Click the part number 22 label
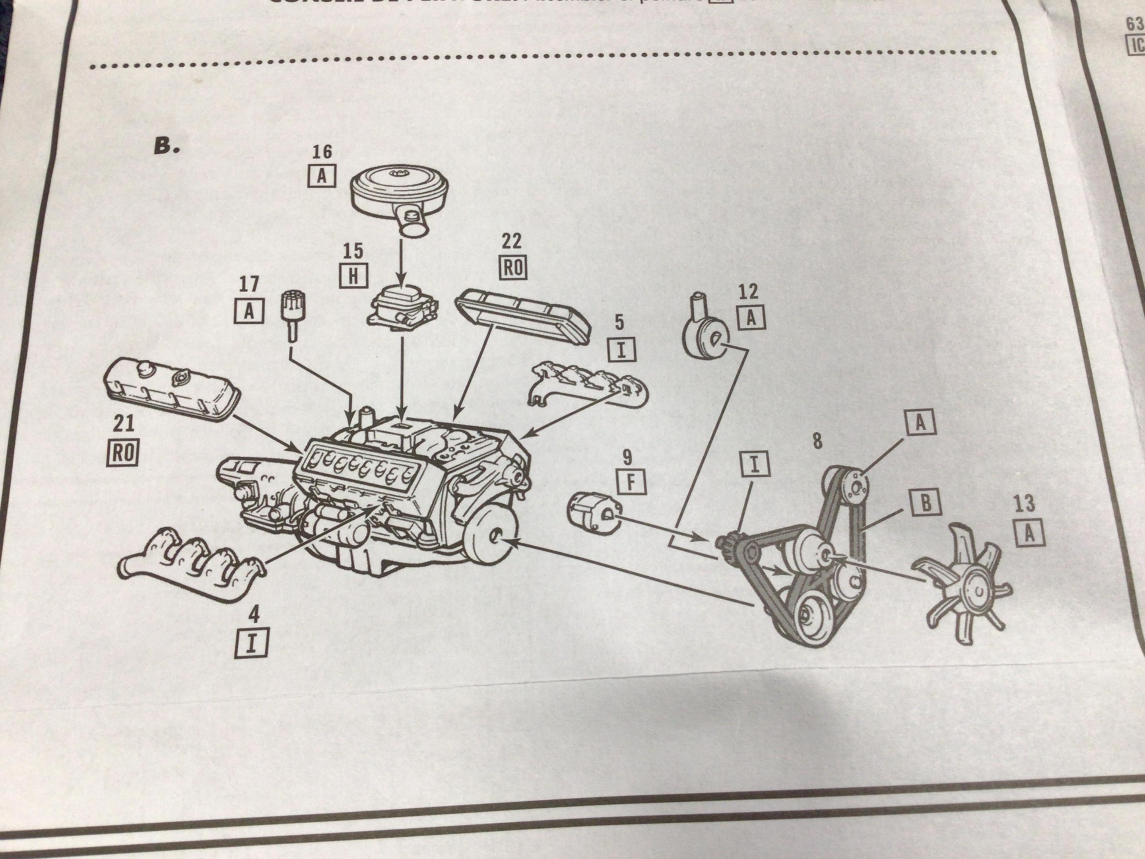point(511,241)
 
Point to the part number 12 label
point(748,292)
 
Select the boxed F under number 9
point(631,482)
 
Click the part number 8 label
point(817,441)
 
